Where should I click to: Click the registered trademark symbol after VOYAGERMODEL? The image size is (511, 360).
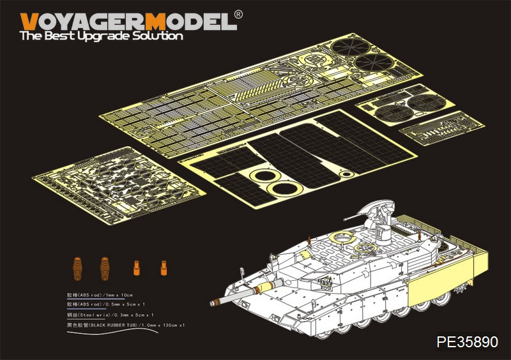(x=238, y=13)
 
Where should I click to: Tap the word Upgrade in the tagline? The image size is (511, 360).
(x=101, y=36)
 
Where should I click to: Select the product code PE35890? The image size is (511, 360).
(x=467, y=342)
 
